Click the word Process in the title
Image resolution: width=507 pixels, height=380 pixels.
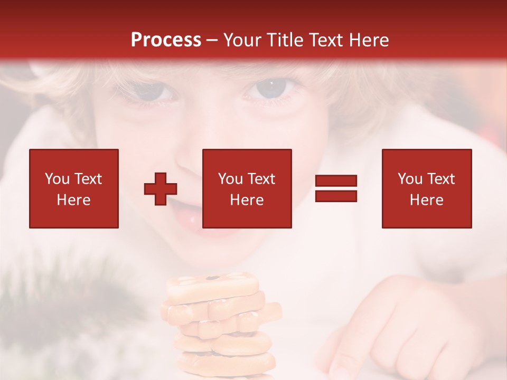coord(166,40)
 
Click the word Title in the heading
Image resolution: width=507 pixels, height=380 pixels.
coord(285,40)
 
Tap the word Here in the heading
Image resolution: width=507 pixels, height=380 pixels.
coord(368,40)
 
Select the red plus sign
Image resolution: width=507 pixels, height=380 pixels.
coord(161,188)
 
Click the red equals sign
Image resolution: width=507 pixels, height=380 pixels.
coord(336,188)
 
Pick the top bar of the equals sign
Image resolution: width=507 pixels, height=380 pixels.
coord(336,181)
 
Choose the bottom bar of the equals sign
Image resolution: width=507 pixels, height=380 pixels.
coord(336,196)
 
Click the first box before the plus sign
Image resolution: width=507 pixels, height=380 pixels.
coord(74,188)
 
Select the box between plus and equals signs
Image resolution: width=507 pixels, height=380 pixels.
coord(247,188)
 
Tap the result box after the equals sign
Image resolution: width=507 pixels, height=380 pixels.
coord(426,188)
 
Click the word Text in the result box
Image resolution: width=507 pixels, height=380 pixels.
coord(440,179)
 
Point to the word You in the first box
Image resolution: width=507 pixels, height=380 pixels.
coord(57,179)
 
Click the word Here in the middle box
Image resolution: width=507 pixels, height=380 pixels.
coord(247,200)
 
